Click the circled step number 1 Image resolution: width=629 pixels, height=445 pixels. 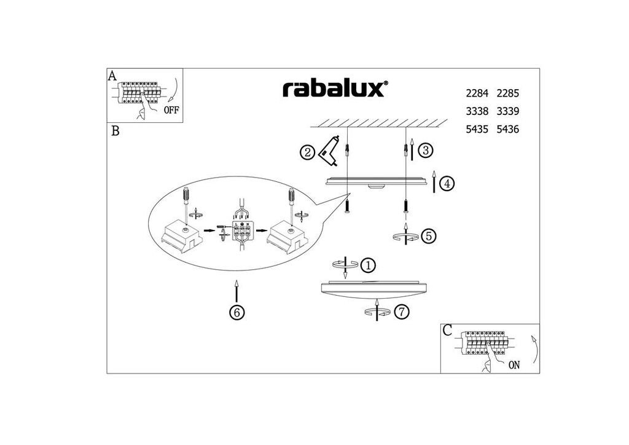367,266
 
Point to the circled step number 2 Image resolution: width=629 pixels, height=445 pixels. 308,152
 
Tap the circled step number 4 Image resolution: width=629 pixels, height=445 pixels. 447,183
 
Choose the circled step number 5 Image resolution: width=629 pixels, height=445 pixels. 428,235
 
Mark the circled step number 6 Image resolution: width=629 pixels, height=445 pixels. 237,312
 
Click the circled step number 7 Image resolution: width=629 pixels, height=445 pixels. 401,312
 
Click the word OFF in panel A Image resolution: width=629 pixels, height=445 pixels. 171,111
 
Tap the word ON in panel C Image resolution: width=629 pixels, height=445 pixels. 514,364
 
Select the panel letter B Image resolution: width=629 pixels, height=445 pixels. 115,131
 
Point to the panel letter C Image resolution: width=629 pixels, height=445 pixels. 447,331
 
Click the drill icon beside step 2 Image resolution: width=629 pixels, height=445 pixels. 330,150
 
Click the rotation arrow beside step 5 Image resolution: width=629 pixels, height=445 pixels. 405,236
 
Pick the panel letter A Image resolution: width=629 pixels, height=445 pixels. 112,76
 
